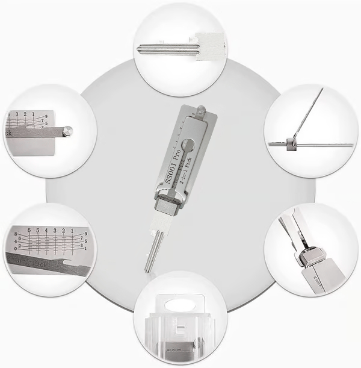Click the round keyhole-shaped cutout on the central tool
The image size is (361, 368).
click(x=189, y=145)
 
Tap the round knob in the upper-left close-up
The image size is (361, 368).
click(x=69, y=129)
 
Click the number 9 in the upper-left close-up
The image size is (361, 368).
click(x=62, y=114)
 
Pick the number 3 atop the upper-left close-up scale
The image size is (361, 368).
click(x=17, y=113)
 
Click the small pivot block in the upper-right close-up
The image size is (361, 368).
click(x=293, y=143)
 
